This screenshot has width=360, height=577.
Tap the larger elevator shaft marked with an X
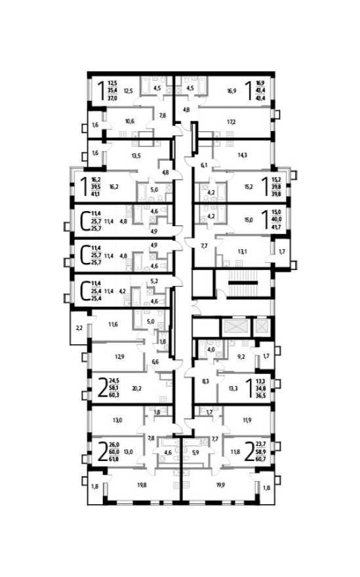[x=233, y=326]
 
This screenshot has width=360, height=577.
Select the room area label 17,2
[x=231, y=122]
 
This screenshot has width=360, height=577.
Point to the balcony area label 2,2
[x=79, y=327]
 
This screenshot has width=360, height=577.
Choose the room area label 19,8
[x=142, y=486]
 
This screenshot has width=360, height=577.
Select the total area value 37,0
[x=113, y=97]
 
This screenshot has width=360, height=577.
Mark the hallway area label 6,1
[x=203, y=165]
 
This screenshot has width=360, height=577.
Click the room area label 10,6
[x=129, y=121]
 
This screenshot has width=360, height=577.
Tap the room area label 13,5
[x=136, y=156]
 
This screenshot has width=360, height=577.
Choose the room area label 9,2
[x=241, y=358]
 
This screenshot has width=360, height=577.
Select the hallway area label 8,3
[x=205, y=380]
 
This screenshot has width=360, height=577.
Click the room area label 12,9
[x=119, y=357]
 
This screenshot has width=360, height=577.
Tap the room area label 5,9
[x=195, y=452]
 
